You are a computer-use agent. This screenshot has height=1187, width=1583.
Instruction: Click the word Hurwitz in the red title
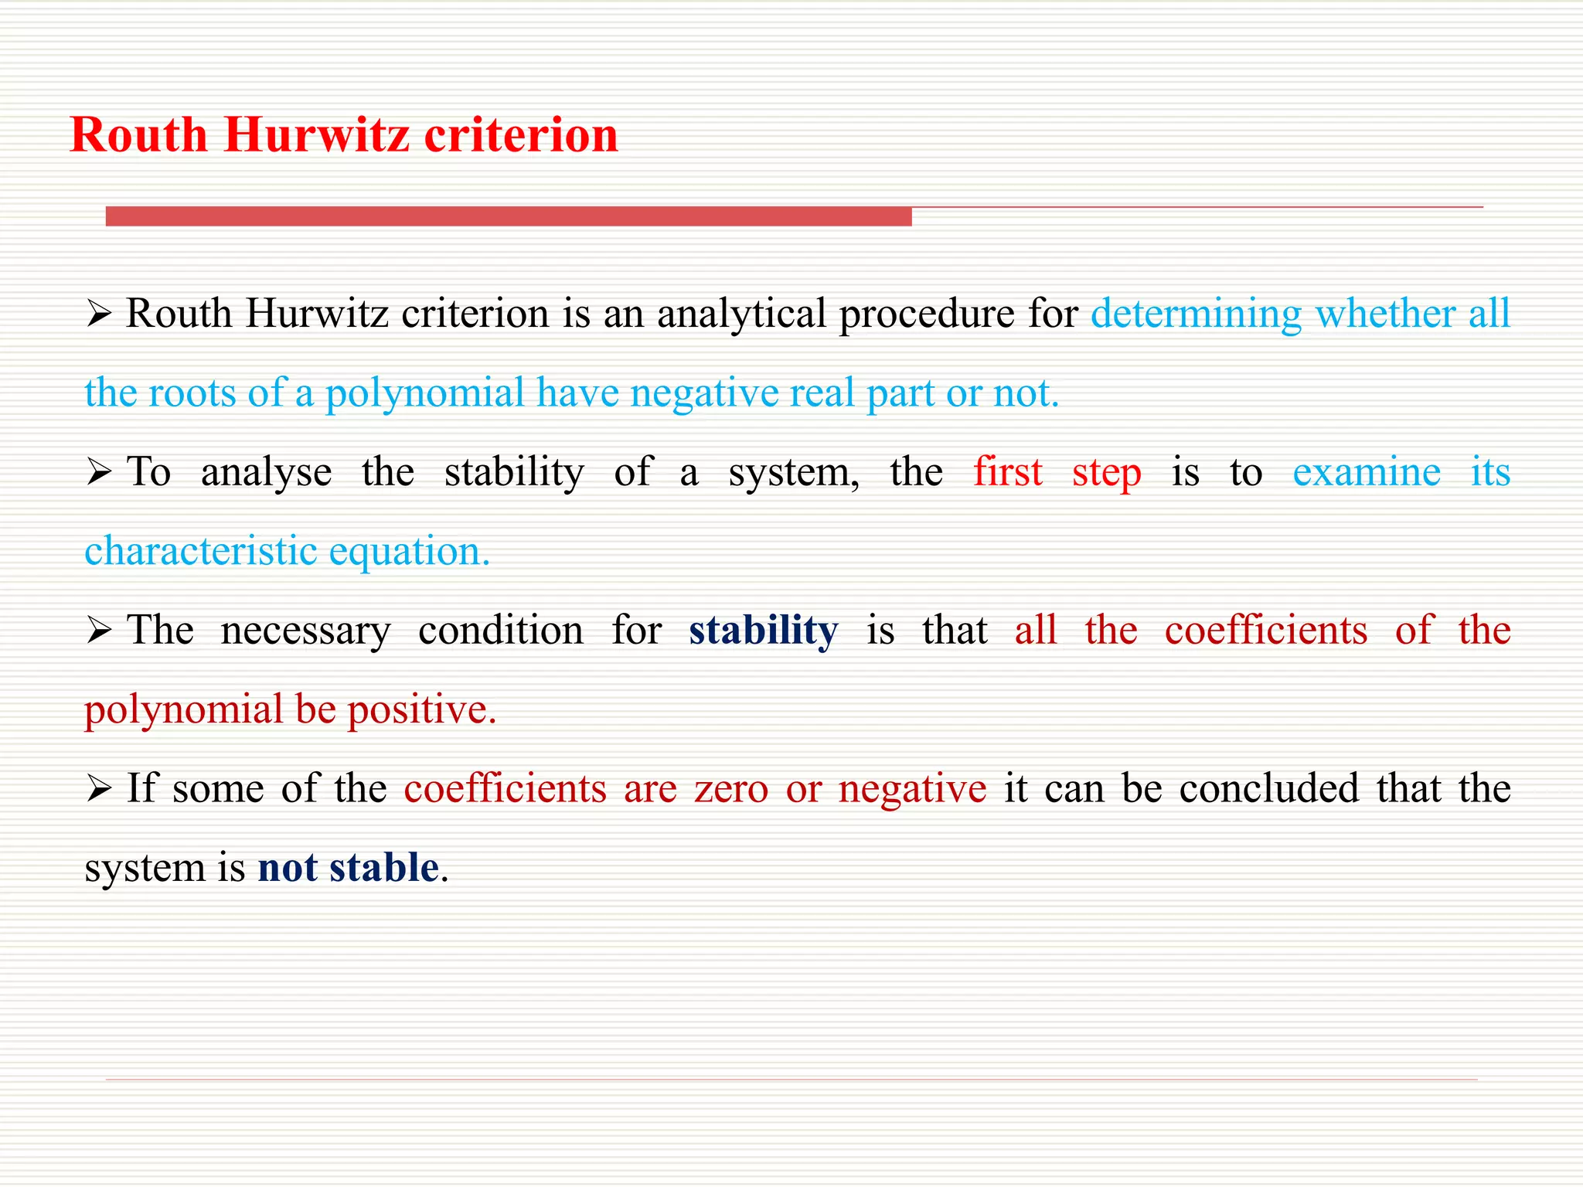[317, 135]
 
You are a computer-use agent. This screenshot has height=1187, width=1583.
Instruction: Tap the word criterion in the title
[522, 135]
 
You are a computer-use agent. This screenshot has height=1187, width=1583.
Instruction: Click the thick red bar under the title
[509, 216]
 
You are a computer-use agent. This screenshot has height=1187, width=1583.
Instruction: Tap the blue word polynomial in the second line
[424, 393]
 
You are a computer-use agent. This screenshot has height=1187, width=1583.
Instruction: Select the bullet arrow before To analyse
[99, 472]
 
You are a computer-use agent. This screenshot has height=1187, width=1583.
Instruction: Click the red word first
[1007, 472]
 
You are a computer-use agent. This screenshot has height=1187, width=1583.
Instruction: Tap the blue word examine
[1366, 472]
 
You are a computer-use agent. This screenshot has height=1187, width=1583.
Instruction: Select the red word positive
[421, 710]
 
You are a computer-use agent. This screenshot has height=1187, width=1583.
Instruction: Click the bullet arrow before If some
[99, 789]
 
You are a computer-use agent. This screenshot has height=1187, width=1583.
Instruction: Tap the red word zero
[731, 789]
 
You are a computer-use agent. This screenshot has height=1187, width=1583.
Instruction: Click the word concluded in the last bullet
[1268, 789]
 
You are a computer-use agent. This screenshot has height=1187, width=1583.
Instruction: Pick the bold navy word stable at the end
[384, 868]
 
